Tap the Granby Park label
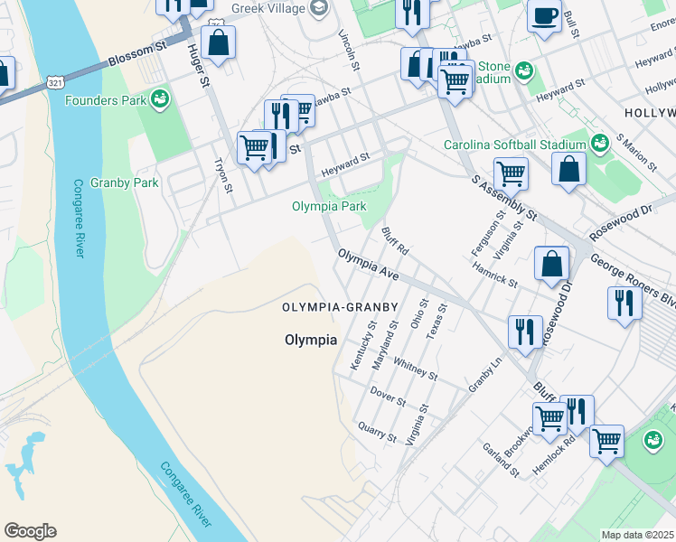(x=132, y=182)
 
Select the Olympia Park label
(x=329, y=206)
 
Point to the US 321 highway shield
(x=56, y=82)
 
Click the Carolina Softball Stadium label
(x=514, y=145)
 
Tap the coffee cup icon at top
(x=544, y=16)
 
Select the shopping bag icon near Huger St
(x=218, y=42)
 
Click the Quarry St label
(x=377, y=432)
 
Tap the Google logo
(x=30, y=531)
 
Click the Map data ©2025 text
(x=637, y=535)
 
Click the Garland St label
(x=500, y=459)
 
